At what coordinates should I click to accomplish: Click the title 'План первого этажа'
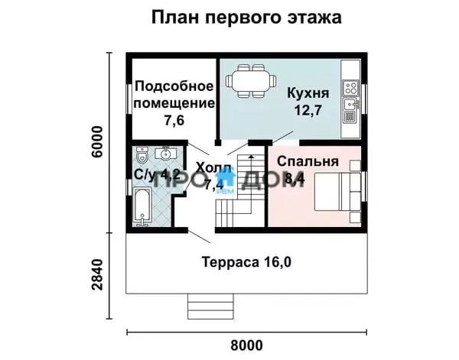point(246,18)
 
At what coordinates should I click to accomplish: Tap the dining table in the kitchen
point(251,81)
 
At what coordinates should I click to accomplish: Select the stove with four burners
point(350,87)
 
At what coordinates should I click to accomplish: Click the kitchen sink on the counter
point(351,104)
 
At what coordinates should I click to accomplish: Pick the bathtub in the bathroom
point(142,207)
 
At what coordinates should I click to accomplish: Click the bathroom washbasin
point(165,153)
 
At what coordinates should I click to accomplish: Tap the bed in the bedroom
point(337,191)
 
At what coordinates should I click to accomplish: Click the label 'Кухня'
point(308,93)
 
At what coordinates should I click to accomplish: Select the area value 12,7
point(308,110)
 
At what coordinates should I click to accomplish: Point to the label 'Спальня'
point(308,161)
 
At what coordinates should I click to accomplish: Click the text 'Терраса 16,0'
point(246,262)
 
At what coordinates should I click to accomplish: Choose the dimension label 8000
point(246,345)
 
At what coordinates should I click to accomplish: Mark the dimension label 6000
point(97,142)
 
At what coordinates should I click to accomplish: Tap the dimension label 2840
point(97,274)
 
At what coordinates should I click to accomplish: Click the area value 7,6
point(174,120)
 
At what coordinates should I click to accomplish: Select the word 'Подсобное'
point(174,86)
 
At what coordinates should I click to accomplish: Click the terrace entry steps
point(211,306)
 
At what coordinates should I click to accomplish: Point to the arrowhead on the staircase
point(251,157)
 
